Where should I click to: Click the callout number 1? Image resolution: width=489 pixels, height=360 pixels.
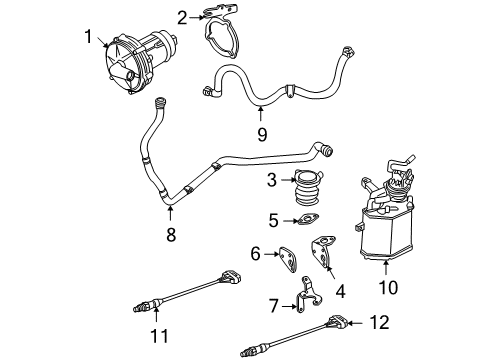(88, 36)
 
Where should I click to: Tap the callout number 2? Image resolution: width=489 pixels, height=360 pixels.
(182, 18)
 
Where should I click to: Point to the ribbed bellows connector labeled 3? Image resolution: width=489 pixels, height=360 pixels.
(308, 187)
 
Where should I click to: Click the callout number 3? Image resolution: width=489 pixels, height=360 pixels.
(272, 180)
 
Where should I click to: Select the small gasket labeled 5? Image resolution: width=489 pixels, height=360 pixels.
(308, 220)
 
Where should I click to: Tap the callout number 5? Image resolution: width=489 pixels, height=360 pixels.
(273, 221)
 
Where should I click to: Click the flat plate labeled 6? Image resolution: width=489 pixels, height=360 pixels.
(288, 259)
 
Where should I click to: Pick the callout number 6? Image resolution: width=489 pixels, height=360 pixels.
(255, 254)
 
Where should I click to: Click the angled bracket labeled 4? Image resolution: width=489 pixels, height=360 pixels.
(323, 253)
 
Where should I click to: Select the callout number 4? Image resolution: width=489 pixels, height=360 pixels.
(340, 291)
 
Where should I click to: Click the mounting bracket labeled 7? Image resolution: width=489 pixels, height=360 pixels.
(308, 293)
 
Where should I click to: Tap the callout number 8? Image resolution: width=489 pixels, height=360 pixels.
(171, 235)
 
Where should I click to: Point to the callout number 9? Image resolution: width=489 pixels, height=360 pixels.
(262, 135)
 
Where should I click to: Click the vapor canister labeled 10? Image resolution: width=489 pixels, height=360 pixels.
(387, 213)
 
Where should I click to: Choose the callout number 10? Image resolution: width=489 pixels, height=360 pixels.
(389, 287)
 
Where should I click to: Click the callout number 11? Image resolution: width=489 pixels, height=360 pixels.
(160, 336)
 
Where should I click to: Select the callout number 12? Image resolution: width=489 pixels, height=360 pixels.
(379, 323)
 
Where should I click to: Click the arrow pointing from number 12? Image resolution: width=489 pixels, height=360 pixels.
(357, 323)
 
